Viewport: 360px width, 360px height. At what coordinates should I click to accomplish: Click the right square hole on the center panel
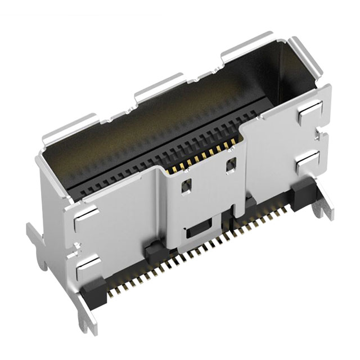coord(231,166)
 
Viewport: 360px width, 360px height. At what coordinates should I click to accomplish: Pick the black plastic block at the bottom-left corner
coord(93,292)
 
